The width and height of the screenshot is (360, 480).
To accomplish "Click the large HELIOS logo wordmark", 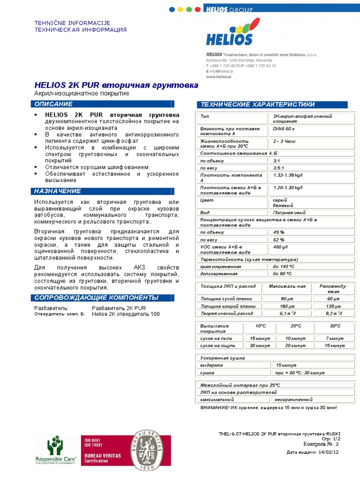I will coord(229,39).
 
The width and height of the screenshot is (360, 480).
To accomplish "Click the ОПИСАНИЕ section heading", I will coord(53,104).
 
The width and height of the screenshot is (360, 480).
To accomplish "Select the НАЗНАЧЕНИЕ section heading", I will coord(57,191).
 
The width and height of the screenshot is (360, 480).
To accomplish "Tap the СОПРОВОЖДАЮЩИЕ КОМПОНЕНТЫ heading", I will coord(97,298).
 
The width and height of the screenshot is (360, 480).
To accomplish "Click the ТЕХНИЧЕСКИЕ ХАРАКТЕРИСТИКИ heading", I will coord(258,104).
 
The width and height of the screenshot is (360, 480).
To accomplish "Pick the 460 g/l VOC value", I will coord(280,247).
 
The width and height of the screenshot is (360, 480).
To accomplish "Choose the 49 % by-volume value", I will coord(279,232).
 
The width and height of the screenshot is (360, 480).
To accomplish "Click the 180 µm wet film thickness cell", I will coord(286,306).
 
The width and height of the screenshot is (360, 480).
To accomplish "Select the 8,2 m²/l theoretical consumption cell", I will coord(334,313).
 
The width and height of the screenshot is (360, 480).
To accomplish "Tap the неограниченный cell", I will coord(294,399).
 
